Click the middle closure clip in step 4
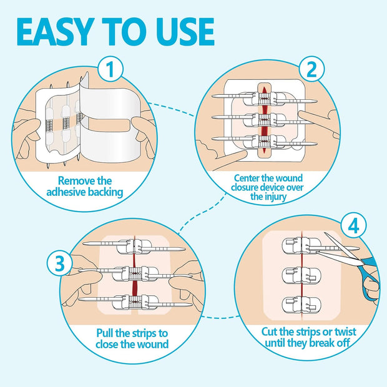tap(301, 274)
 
